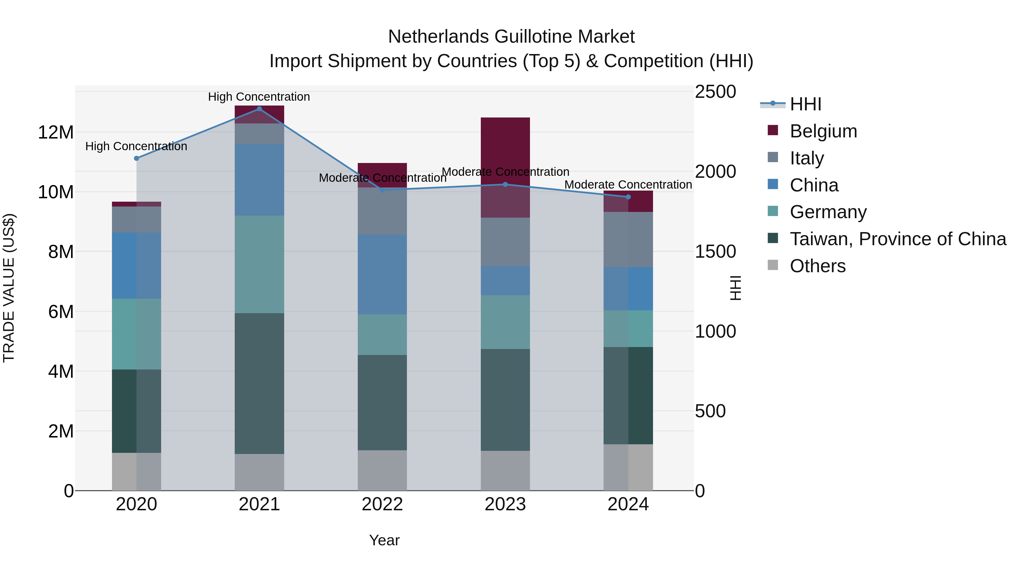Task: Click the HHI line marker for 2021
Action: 259,109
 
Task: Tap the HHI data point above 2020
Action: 137,158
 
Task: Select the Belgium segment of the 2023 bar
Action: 505,151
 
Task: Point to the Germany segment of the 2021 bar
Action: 259,264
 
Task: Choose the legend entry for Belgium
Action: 823,131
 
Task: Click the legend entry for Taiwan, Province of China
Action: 897,239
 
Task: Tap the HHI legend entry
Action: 805,104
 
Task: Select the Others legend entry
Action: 817,266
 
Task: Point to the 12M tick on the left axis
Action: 56,132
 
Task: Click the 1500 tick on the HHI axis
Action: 715,252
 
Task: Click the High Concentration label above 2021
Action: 259,97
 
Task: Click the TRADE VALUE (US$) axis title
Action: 9,288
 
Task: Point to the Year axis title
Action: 384,540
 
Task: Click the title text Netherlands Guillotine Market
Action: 511,37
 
